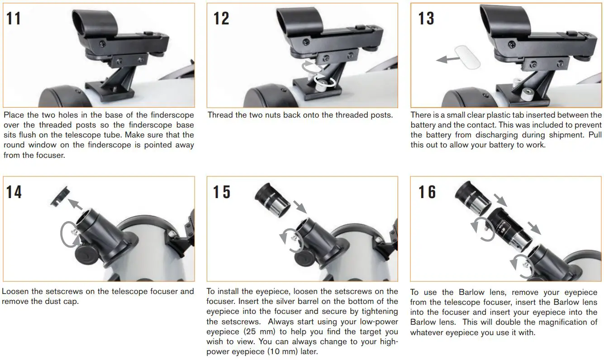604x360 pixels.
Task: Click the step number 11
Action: click(x=14, y=19)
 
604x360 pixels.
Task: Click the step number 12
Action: click(x=221, y=19)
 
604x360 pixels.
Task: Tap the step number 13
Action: click(x=426, y=19)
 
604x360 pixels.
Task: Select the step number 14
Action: click(x=14, y=192)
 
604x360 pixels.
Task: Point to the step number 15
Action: click(x=221, y=192)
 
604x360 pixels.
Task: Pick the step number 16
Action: click(x=427, y=192)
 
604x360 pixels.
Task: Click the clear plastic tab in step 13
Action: click(x=466, y=57)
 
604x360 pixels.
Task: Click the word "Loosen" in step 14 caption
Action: click(x=17, y=292)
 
